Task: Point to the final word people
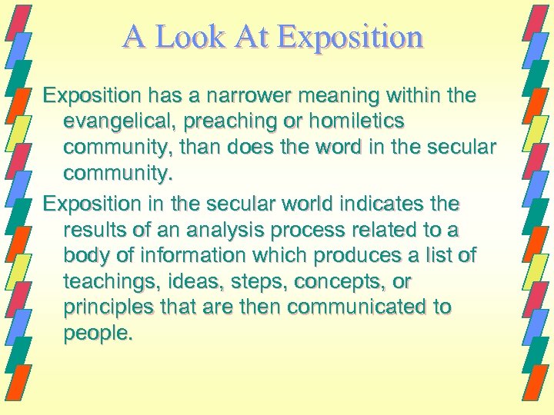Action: (98, 334)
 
